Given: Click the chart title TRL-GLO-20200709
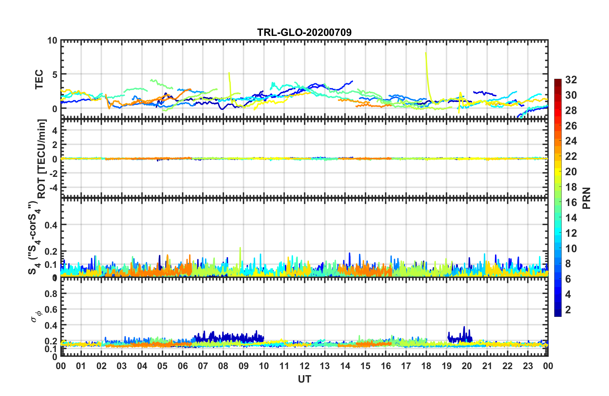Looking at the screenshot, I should (x=304, y=32).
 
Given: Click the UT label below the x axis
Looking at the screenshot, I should (x=304, y=379).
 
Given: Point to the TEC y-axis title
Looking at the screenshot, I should (x=39, y=79).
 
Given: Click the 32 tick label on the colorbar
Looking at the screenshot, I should (x=571, y=80).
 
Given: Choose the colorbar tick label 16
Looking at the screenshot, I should (x=571, y=202).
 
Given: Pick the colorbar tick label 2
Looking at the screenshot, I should (x=568, y=310).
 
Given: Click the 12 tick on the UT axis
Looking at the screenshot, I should (x=304, y=366).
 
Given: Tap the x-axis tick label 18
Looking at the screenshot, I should (x=426, y=366).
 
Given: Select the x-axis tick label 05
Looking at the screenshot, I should (x=162, y=366).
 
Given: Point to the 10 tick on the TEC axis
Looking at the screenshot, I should (x=52, y=41).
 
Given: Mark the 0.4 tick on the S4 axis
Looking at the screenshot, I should (x=51, y=225).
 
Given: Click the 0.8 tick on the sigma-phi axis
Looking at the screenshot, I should (x=51, y=293).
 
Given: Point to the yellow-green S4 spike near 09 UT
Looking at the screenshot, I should (x=240, y=249).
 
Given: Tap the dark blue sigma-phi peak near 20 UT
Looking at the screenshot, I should (x=464, y=327).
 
